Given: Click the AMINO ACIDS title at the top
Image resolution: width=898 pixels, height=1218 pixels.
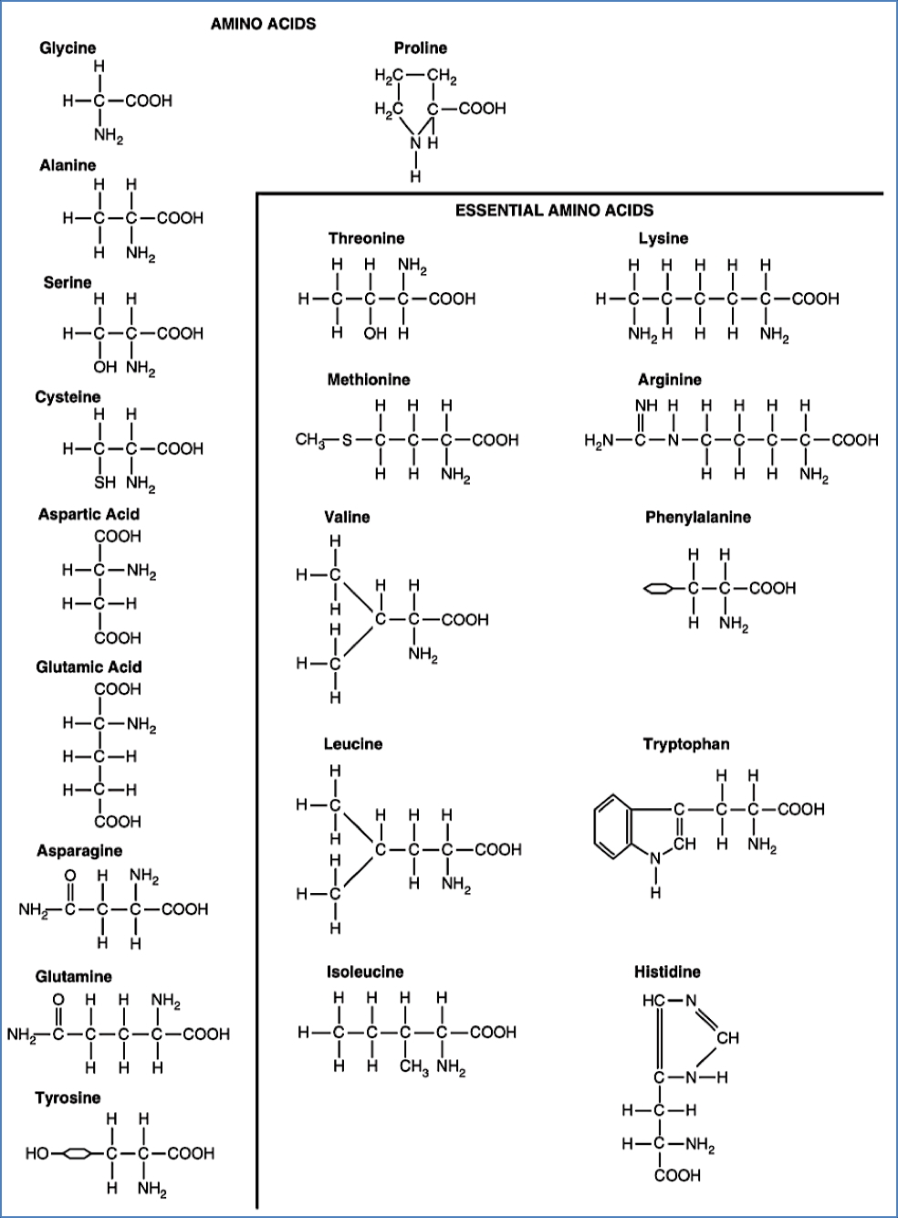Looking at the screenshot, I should tap(263, 25).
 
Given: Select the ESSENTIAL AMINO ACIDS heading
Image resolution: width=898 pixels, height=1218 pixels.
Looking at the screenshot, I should tap(554, 210).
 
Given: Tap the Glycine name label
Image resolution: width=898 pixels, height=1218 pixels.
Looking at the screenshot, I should tap(68, 48).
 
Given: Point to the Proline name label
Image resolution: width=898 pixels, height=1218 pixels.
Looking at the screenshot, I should tap(421, 48).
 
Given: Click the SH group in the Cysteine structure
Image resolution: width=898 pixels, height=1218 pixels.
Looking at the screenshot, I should tap(105, 483).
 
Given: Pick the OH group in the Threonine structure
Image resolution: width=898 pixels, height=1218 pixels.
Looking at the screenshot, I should tap(375, 333).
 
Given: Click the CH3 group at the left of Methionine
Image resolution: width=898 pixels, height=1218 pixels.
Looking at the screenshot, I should tap(310, 440).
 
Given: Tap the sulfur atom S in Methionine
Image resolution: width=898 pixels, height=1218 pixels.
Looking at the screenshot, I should tap(346, 440).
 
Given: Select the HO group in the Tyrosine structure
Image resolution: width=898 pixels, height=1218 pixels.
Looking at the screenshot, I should tap(37, 1153).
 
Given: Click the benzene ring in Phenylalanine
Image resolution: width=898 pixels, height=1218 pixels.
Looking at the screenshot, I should tap(658, 589).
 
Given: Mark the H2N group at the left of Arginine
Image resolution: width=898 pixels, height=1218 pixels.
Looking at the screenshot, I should tap(599, 440).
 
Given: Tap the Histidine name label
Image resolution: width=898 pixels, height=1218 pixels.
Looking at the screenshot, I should tap(667, 971).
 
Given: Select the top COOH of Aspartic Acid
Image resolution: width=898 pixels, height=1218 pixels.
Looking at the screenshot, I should tap(119, 536).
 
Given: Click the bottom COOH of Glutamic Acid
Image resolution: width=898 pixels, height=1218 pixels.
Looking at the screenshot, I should tap(119, 821).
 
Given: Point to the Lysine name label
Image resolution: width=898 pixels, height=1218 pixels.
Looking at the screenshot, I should tap(663, 238).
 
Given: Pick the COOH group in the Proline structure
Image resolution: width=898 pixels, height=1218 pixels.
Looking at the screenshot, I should tap(482, 109).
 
